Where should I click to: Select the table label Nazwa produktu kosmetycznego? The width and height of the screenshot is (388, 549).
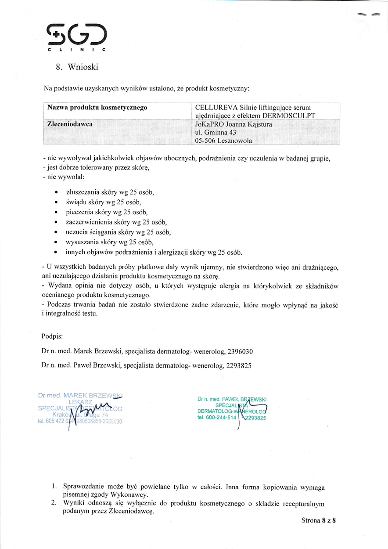(97, 108)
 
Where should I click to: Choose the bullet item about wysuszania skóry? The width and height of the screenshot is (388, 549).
(110, 242)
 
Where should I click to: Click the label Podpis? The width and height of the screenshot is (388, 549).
(52, 336)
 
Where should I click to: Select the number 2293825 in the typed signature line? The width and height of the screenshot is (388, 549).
(238, 365)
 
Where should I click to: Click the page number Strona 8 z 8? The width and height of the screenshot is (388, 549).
(318, 520)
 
